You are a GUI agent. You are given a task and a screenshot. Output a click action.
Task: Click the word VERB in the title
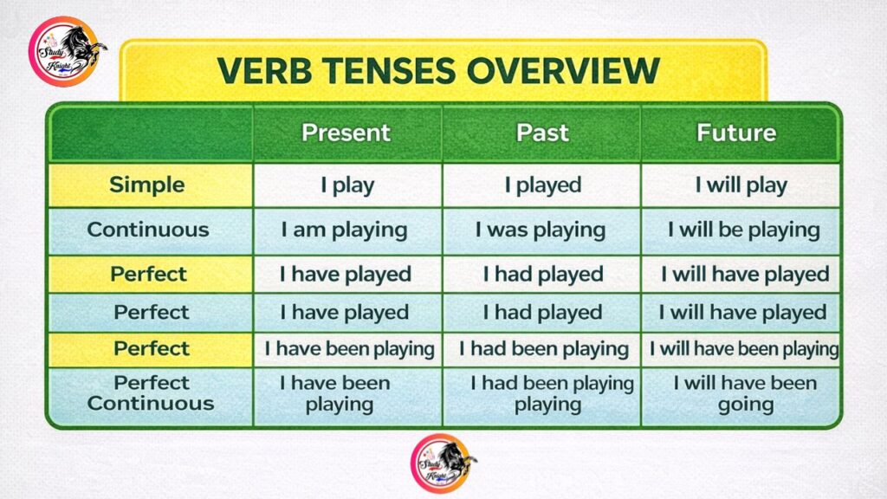tap(264, 70)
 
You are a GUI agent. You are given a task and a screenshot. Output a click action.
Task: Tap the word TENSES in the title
tap(389, 70)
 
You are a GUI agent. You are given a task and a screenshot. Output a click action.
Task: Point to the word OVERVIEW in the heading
tap(563, 70)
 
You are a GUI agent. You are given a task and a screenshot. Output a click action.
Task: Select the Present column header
tap(346, 133)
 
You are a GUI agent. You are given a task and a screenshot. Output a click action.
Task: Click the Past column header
tap(542, 133)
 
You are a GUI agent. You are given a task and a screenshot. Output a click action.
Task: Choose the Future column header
tap(736, 133)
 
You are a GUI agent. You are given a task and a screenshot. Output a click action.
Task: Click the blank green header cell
tap(152, 133)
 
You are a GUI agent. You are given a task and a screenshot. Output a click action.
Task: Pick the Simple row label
tap(147, 185)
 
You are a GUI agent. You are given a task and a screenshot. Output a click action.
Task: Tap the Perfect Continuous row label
tap(151, 393)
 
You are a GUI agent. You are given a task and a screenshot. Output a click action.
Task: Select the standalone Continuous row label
tap(148, 230)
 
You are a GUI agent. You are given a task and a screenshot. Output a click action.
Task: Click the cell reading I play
tap(347, 185)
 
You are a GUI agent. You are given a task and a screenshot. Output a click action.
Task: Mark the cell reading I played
tap(542, 185)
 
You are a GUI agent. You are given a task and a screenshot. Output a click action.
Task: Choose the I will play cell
tap(741, 185)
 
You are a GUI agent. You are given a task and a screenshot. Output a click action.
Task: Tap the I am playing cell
tap(347, 230)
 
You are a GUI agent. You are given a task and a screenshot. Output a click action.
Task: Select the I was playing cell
tap(542, 230)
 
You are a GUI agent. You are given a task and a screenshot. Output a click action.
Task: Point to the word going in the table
tap(746, 405)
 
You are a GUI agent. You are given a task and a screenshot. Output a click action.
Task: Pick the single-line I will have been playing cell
tap(744, 349)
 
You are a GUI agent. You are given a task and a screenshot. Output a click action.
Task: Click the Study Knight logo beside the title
tap(67, 51)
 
